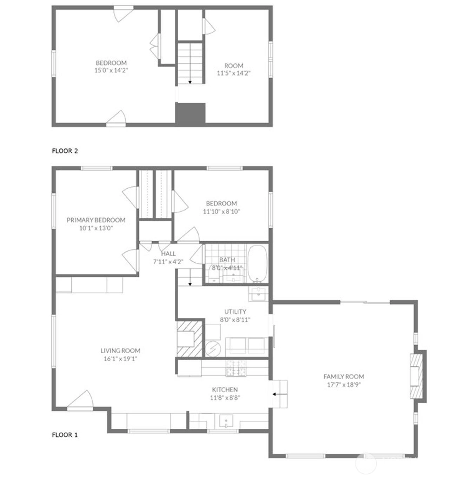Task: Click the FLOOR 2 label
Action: (x=65, y=151)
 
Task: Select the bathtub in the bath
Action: (x=258, y=264)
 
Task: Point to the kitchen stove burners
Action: (x=236, y=368)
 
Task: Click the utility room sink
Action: (x=258, y=294)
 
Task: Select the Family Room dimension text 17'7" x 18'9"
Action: (x=344, y=385)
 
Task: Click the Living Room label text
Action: (x=120, y=350)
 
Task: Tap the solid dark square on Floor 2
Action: (x=190, y=114)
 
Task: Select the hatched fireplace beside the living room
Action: (x=190, y=339)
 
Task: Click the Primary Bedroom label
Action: (x=96, y=220)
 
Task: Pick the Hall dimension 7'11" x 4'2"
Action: (x=168, y=262)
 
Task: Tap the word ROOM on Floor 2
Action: (x=234, y=66)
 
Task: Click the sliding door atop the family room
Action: (x=365, y=302)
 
